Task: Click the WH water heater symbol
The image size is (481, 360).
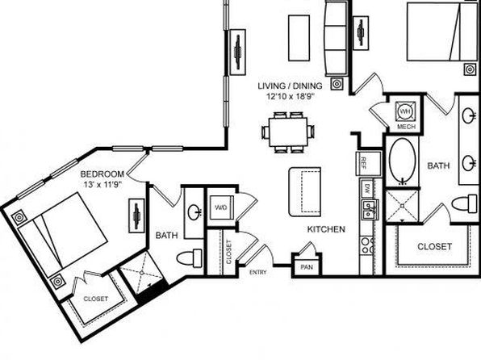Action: click(405, 111)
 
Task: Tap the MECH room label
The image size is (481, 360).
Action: click(406, 127)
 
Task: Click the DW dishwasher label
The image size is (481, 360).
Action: click(367, 186)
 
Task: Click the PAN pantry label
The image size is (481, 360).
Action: click(307, 267)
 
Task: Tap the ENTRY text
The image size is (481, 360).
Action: click(258, 272)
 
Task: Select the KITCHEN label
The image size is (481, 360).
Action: click(326, 229)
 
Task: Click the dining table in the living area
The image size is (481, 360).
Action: click(288, 132)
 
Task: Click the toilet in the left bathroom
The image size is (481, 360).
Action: click(190, 258)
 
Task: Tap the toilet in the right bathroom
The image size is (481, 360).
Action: click(465, 204)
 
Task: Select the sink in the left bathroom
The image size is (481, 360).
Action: click(194, 211)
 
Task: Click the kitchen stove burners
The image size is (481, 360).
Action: click(367, 245)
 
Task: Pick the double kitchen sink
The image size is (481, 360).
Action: click(370, 210)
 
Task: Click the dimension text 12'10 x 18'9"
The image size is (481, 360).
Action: click(291, 97)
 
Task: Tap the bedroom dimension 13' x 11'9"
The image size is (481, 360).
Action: click(102, 185)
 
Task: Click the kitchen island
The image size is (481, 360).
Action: click(304, 192)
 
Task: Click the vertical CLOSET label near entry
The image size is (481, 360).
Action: click(229, 252)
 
